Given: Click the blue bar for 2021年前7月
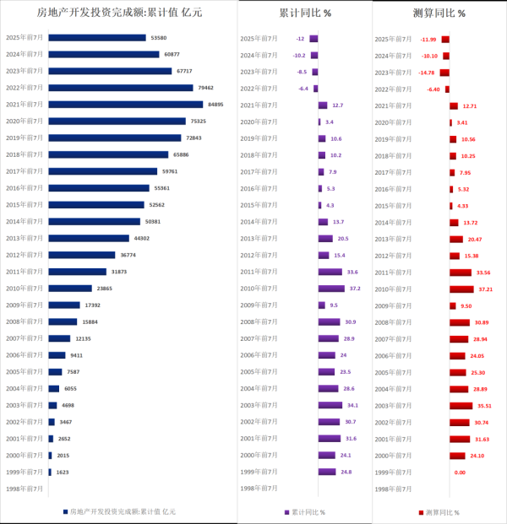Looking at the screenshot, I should pyautogui.click(x=125, y=105).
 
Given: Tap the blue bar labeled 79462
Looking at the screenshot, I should pyautogui.click(x=121, y=88).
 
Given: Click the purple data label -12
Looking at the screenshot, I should pyautogui.click(x=300, y=39).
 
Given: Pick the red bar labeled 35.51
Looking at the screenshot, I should pyautogui.click(x=461, y=405).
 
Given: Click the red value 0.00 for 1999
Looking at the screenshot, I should pyautogui.click(x=460, y=473).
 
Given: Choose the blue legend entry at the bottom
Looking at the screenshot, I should pyautogui.click(x=118, y=511).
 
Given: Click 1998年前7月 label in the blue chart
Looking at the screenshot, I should pyautogui.click(x=25, y=489).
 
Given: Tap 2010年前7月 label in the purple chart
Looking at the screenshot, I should pyautogui.click(x=260, y=289).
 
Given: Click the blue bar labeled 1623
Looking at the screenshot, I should pyautogui.click(x=50, y=473).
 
